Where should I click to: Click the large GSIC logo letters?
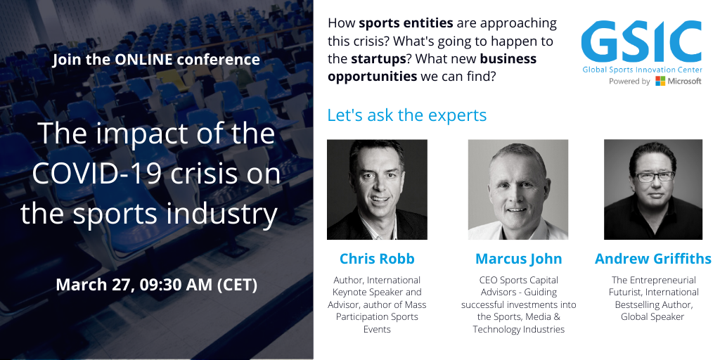click(641, 41)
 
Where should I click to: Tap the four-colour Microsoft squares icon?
click(660, 82)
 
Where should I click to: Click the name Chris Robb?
click(377, 259)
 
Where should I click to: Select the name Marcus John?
click(518, 259)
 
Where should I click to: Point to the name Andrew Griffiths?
click(653, 259)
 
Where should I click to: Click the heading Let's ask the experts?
click(407, 115)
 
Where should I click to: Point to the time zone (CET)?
click(237, 285)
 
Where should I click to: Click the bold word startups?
click(378, 59)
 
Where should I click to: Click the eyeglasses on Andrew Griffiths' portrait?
click(655, 176)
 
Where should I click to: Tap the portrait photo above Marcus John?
click(518, 189)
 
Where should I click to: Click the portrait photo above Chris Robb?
click(377, 189)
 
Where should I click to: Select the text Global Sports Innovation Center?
click(643, 70)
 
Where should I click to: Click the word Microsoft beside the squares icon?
click(685, 82)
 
